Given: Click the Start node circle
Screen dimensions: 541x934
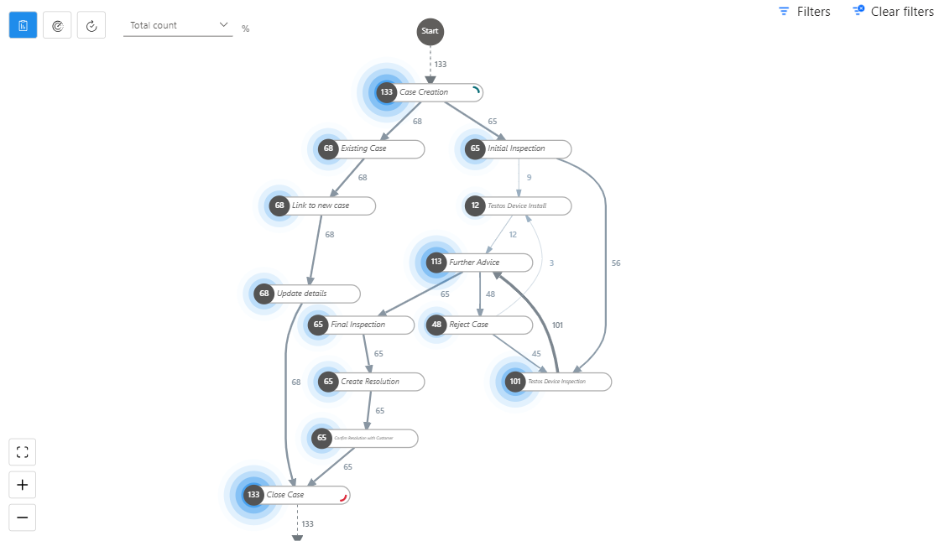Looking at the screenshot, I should pyautogui.click(x=430, y=31).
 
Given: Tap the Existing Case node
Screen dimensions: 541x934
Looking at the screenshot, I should pyautogui.click(x=370, y=148).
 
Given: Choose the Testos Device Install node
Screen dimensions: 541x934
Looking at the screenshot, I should pyautogui.click(x=519, y=205).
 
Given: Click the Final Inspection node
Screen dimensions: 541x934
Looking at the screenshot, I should pyautogui.click(x=361, y=325).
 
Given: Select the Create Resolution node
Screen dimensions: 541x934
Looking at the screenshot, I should pyautogui.click(x=370, y=382).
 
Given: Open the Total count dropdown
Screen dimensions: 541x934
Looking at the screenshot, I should pyautogui.click(x=179, y=25).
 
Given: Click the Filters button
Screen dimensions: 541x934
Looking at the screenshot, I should pyautogui.click(x=804, y=12).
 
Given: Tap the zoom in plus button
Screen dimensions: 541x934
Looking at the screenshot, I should pyautogui.click(x=23, y=485).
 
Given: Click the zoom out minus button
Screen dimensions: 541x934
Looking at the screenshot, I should pyautogui.click(x=23, y=518).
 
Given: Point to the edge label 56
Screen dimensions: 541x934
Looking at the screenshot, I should pyautogui.click(x=616, y=263).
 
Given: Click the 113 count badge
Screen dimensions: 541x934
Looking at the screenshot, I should pyautogui.click(x=436, y=262).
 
